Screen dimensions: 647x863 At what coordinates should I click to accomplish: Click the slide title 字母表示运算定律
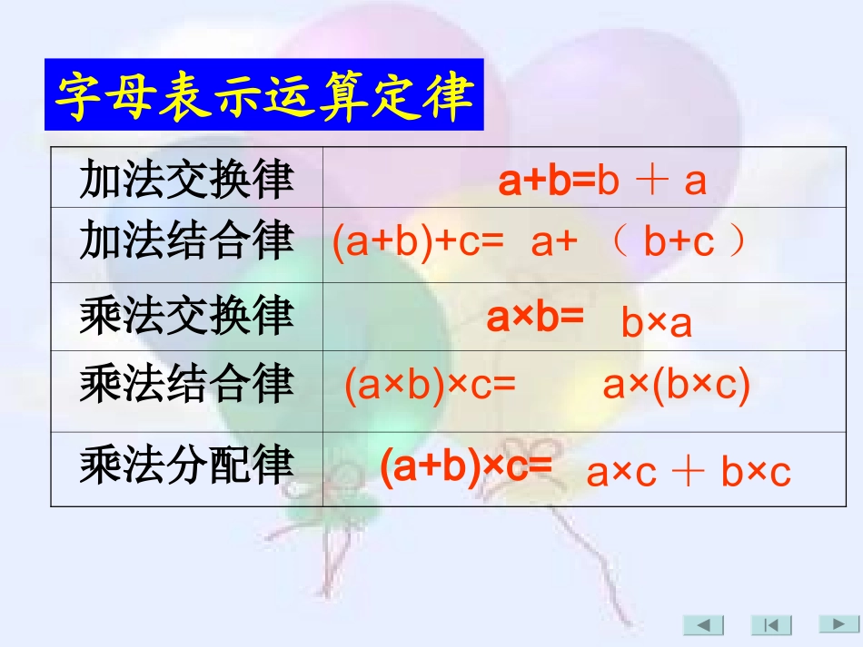[264, 95]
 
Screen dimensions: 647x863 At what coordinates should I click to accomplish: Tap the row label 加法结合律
[186, 242]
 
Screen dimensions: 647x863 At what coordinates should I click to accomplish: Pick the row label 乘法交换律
[186, 316]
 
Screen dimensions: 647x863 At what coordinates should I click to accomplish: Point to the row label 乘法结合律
[186, 385]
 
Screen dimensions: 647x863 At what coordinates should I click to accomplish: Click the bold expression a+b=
[547, 181]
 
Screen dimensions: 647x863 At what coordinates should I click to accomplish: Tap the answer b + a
[652, 181]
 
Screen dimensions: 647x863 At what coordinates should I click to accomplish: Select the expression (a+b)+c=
[418, 243]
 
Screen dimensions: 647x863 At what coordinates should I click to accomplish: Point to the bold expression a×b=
[535, 318]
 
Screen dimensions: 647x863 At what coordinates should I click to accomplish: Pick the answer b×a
[656, 323]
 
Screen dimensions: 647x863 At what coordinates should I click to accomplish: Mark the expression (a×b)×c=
[430, 387]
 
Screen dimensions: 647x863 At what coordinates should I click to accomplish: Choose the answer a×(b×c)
[677, 387]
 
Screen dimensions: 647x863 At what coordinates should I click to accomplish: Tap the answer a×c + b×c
[689, 473]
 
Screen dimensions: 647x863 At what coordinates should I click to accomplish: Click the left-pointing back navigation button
[703, 624]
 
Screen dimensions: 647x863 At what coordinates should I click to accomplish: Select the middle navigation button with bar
[771, 624]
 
